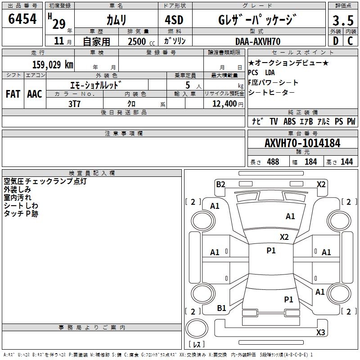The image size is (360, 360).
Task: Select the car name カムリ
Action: tap(116, 20)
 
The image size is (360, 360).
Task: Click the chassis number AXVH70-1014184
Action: tap(302, 143)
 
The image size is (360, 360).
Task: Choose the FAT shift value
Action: tap(13, 94)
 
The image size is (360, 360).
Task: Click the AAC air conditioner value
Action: tap(34, 94)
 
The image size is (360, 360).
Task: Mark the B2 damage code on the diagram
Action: tap(220, 184)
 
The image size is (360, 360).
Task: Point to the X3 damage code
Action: tap(320, 333)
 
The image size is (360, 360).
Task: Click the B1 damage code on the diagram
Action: tap(221, 308)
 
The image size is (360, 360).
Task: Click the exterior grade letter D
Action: tap(335, 41)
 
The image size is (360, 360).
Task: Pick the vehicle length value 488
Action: tap(273, 162)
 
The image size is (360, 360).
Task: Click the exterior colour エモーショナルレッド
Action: tap(96, 85)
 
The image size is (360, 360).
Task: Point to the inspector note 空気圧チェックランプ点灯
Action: tap(45, 181)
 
